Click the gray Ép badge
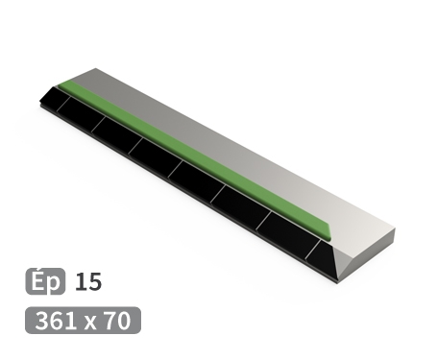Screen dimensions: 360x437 (45, 282)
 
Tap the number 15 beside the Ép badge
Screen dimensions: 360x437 (87, 282)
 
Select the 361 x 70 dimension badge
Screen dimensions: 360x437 (83, 321)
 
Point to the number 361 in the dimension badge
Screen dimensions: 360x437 (57, 321)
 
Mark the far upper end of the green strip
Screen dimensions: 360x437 (61, 85)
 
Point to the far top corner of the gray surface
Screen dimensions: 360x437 (96, 70)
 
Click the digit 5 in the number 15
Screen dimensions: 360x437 (94, 282)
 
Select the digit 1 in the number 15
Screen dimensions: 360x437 (81, 282)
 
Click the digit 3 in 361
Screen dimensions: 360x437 (42, 321)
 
